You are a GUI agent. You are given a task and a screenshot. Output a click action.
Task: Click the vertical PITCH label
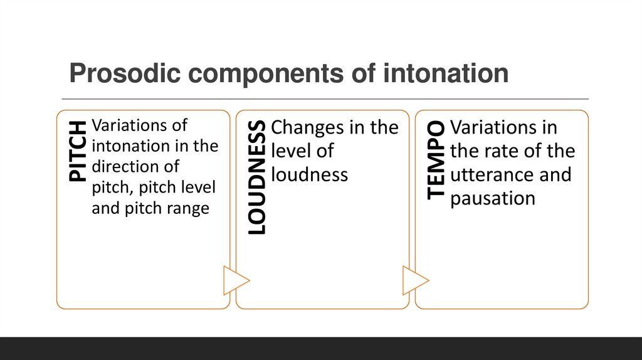click(78, 152)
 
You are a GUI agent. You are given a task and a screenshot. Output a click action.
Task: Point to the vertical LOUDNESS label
click(257, 177)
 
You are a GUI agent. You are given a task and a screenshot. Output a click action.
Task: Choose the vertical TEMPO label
click(436, 159)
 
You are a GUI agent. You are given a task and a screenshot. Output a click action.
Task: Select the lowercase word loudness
click(309, 174)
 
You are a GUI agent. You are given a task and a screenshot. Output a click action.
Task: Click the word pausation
click(493, 198)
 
